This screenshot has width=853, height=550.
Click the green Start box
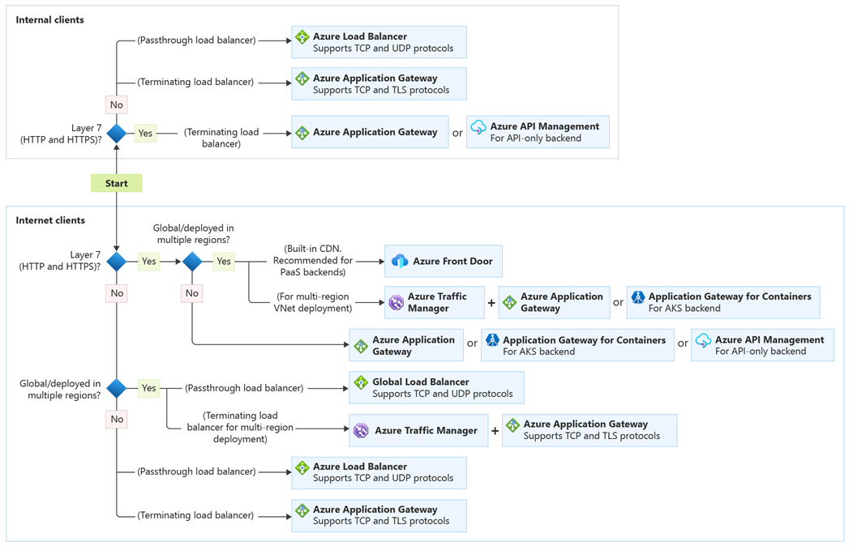[116, 183]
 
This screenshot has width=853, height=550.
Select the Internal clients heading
[49, 19]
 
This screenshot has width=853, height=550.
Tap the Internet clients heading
[50, 220]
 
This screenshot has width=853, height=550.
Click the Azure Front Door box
[443, 261]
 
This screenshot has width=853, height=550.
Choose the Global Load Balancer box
[436, 388]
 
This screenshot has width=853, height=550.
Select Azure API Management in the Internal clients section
[538, 132]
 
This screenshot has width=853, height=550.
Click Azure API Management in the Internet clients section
[762, 345]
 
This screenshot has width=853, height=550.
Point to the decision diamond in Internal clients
[117, 134]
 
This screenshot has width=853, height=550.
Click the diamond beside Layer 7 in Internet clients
[117, 261]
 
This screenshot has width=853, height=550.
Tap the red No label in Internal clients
[117, 104]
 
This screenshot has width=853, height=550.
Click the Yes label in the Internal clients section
[145, 134]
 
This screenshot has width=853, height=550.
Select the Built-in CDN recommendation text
[312, 260]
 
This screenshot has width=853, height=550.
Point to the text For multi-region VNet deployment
[312, 302]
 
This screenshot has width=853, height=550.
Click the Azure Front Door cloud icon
[400, 261]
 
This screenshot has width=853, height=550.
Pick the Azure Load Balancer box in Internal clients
[379, 42]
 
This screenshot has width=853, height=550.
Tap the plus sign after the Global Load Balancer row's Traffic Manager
[495, 430]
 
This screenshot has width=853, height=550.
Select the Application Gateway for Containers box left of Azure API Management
[577, 345]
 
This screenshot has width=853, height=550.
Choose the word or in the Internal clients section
[457, 133]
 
